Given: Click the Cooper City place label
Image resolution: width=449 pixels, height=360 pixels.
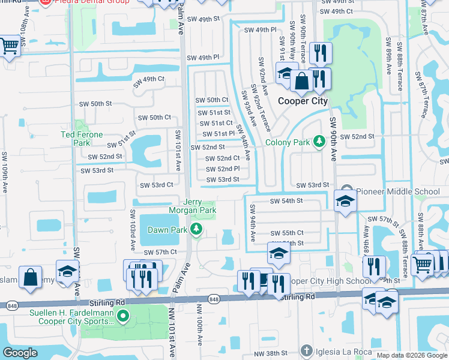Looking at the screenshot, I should point(303,101).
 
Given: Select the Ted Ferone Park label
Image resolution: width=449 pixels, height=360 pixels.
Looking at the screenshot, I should point(82,139).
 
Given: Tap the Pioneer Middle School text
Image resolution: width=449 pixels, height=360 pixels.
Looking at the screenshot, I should point(398,191).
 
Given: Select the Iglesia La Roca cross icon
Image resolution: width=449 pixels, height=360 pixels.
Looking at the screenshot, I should point(306,350).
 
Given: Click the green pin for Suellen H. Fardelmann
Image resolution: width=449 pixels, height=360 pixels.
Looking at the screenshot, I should point(123,315).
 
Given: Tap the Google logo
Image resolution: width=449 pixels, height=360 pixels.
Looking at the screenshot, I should point(20,353).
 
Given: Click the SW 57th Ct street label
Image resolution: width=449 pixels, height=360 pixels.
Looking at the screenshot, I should point(157,253).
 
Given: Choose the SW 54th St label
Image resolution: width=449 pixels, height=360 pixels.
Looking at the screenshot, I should point(286,201).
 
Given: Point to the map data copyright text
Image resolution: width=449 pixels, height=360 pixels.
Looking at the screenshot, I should point(411,355).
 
